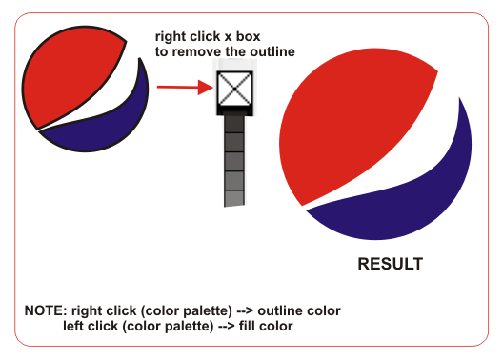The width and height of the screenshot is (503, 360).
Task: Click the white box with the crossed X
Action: point(231,90)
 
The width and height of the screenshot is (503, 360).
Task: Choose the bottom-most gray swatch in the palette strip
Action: point(233,196)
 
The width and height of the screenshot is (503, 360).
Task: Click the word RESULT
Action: point(391,264)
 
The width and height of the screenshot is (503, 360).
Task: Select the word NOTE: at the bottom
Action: point(46,311)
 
